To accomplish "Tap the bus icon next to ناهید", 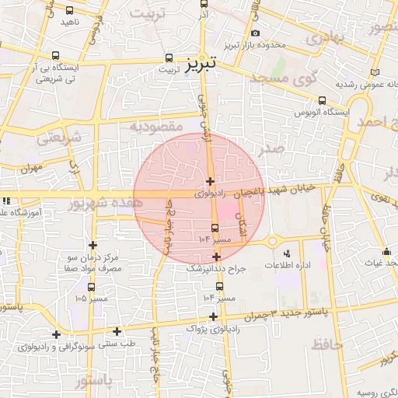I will point(70,11).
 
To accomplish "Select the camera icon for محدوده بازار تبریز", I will point(256,33).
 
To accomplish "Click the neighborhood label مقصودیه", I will point(156,126).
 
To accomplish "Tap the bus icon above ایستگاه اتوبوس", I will point(322,99).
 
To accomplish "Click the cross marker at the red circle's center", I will point(210,180).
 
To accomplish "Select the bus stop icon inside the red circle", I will point(215,227).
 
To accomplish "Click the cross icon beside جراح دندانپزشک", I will point(216,257).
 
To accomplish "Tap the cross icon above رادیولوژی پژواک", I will point(214,316).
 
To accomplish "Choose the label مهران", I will point(30,168).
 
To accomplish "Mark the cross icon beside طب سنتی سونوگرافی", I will point(117,331).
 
